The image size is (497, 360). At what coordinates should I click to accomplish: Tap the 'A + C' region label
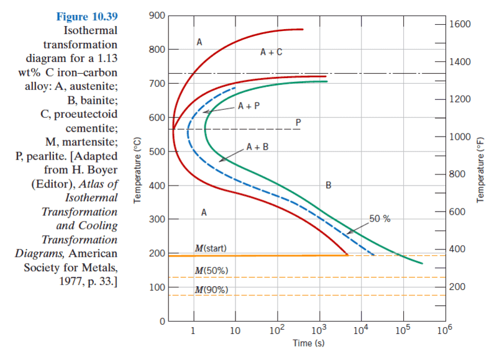(x=271, y=53)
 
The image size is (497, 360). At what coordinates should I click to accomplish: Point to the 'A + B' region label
(x=257, y=147)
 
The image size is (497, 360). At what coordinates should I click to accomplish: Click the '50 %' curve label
(x=380, y=218)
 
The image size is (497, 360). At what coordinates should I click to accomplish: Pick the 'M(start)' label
(x=211, y=248)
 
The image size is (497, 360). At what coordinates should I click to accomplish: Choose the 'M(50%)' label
(x=211, y=271)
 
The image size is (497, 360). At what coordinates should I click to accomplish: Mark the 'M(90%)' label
(x=211, y=290)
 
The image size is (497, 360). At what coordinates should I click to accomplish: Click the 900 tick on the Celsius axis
(x=157, y=15)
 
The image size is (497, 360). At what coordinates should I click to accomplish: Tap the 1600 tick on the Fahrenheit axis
(x=458, y=24)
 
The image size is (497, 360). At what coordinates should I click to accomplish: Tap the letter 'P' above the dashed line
(x=298, y=122)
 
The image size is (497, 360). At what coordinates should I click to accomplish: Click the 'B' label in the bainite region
(x=329, y=185)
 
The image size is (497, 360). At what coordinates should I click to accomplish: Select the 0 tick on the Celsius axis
(x=161, y=322)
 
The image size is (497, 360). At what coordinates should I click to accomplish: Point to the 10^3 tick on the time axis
(x=319, y=330)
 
